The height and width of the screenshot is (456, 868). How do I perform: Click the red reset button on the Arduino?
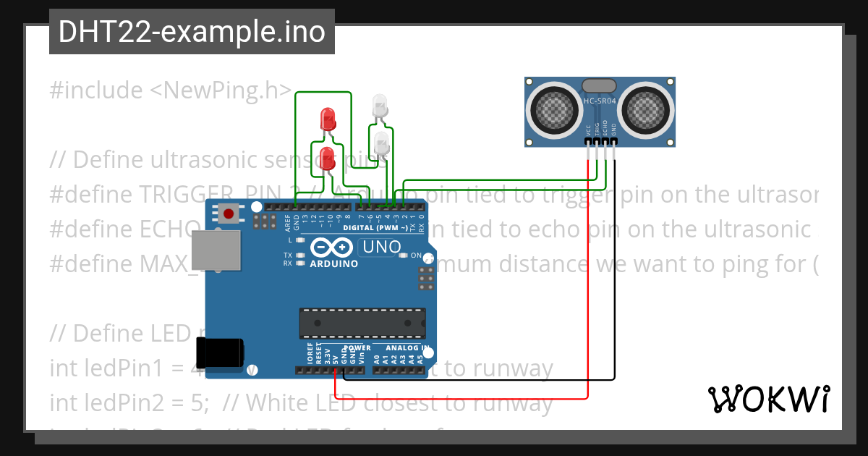click(229, 214)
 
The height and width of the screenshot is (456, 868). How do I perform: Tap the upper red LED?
click(328, 117)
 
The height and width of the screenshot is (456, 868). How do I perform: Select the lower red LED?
click(328, 156)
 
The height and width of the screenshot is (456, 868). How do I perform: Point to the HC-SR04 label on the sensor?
click(600, 101)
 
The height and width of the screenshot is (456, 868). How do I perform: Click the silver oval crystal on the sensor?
click(600, 86)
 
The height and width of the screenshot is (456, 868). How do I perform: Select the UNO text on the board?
click(380, 247)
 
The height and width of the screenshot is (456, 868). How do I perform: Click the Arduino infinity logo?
click(333, 248)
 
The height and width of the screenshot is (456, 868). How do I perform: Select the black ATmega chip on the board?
click(362, 323)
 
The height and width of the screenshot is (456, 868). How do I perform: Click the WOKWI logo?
click(768, 398)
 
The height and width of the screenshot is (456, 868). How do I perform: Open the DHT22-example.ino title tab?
click(192, 32)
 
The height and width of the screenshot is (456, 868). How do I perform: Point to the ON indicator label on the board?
click(416, 256)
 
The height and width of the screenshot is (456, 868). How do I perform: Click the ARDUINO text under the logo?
click(333, 264)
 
